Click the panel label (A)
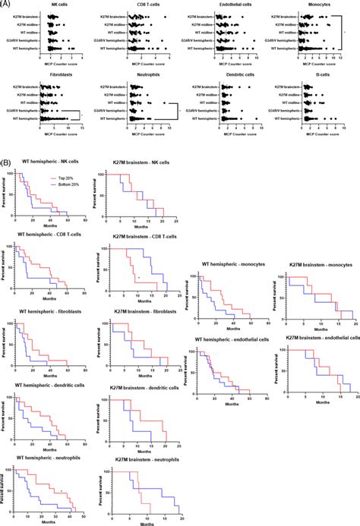point(6,5)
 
